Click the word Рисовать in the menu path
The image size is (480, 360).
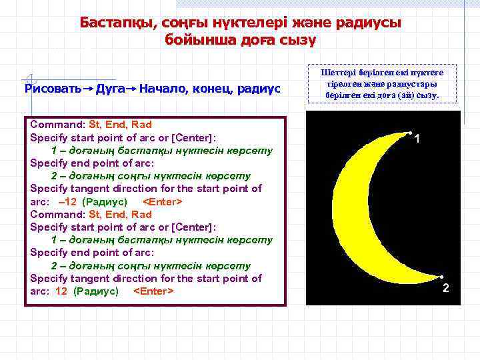coord(53,89)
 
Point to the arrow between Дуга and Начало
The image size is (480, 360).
coord(132,89)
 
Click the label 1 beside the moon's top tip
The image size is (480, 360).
coord(417,139)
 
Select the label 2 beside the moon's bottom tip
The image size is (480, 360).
coord(446,288)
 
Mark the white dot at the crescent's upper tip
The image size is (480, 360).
coord(409,133)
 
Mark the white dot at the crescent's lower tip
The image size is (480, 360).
coord(441,276)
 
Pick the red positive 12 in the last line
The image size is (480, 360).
coord(61,291)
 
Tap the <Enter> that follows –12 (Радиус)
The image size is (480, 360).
coord(163,201)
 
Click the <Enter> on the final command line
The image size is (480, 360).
coord(154,291)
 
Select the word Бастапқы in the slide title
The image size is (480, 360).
coord(116,23)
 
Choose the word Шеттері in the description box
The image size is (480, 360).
coord(338,73)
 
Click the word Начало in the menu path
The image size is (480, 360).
coord(163,89)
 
